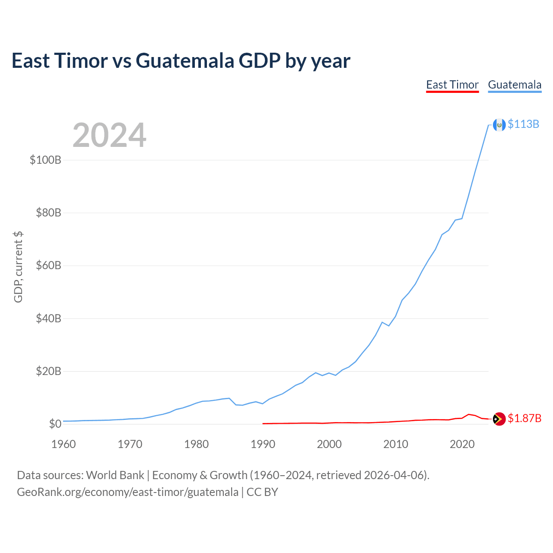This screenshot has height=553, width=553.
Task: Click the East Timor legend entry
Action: coord(452,85)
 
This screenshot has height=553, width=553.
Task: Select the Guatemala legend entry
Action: coord(515,85)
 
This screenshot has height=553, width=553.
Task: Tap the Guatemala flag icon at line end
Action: coord(499,125)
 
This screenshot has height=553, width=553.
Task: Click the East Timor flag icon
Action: coord(499,419)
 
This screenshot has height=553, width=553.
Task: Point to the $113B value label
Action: coord(523,124)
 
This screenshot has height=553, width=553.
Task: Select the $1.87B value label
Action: coord(524,418)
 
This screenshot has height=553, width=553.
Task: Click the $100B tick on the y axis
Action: coord(45,160)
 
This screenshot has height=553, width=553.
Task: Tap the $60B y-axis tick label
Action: coord(48,265)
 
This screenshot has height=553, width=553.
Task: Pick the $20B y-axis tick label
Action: coord(48,371)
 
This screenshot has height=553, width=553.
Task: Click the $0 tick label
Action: coord(55,424)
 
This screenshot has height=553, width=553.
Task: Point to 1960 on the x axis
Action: coord(64,444)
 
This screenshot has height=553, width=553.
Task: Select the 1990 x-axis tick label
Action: coord(263,444)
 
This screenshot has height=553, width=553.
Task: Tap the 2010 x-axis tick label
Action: coord(395,444)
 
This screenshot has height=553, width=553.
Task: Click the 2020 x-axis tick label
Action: coord(462,444)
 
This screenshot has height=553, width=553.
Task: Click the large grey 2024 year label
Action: coord(109,135)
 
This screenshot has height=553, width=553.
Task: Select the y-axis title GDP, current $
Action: coord(18,267)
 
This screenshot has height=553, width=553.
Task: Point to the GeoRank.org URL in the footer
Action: coord(127,492)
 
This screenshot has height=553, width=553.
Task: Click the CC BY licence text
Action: coord(262,492)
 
